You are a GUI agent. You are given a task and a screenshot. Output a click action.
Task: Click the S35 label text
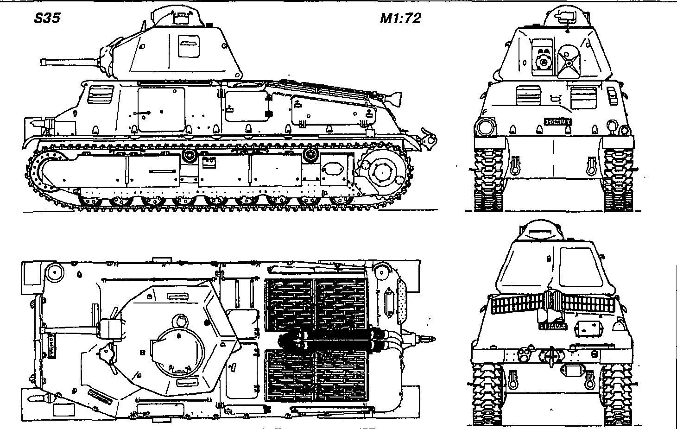tap(47, 19)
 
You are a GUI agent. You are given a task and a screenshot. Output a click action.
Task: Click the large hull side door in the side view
tap(161, 109)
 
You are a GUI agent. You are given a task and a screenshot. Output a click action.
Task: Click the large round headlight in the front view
tap(485, 126)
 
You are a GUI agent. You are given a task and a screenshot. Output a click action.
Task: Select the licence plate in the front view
tap(558, 122)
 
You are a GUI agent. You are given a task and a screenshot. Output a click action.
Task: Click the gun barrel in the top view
tap(70, 330)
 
